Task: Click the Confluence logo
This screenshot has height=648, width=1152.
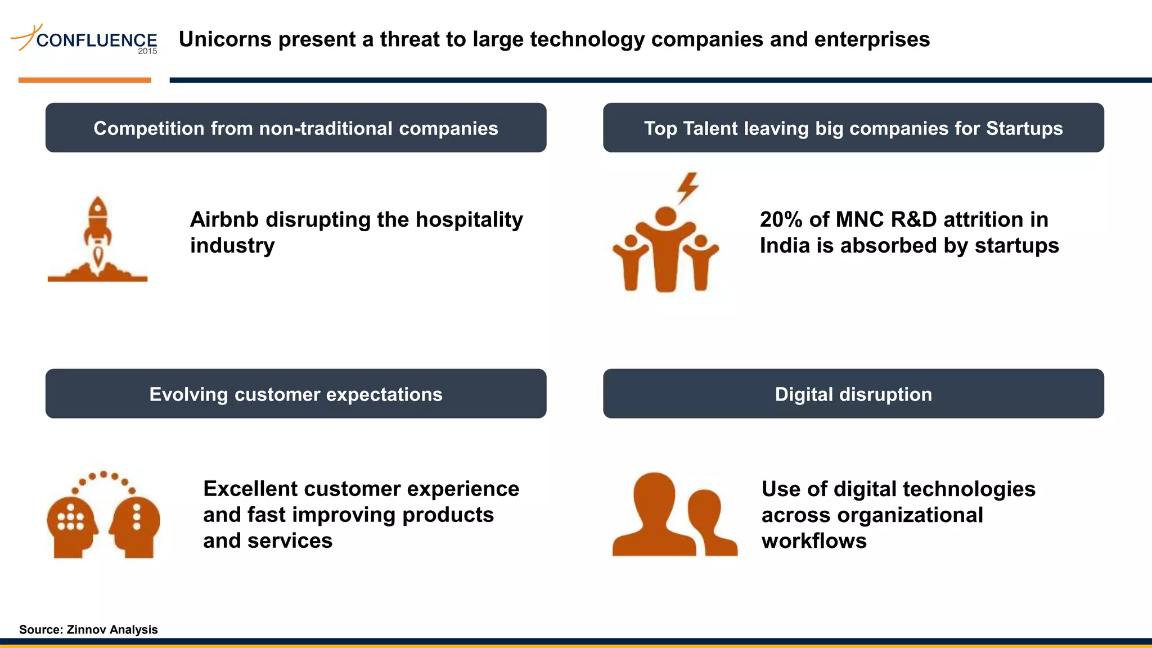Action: [x=84, y=39]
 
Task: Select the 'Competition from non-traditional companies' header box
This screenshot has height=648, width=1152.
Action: [x=296, y=128]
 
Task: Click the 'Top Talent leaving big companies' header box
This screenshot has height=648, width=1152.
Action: [x=853, y=128]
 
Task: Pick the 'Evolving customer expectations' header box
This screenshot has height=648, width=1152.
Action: [x=296, y=394]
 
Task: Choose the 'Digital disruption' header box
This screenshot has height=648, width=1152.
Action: [x=853, y=394]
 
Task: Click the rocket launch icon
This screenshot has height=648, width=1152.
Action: [x=97, y=239]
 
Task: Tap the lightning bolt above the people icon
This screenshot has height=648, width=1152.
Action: [x=687, y=187]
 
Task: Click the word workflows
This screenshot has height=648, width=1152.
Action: [x=814, y=541]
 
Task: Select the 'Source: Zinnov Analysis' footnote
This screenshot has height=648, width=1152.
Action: [x=88, y=629]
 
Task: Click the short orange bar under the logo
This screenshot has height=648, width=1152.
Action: [x=84, y=80]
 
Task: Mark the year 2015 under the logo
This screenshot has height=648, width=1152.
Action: [x=147, y=51]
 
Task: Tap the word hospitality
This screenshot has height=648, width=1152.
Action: [x=469, y=219]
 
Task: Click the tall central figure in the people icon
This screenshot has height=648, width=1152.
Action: [x=665, y=247]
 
